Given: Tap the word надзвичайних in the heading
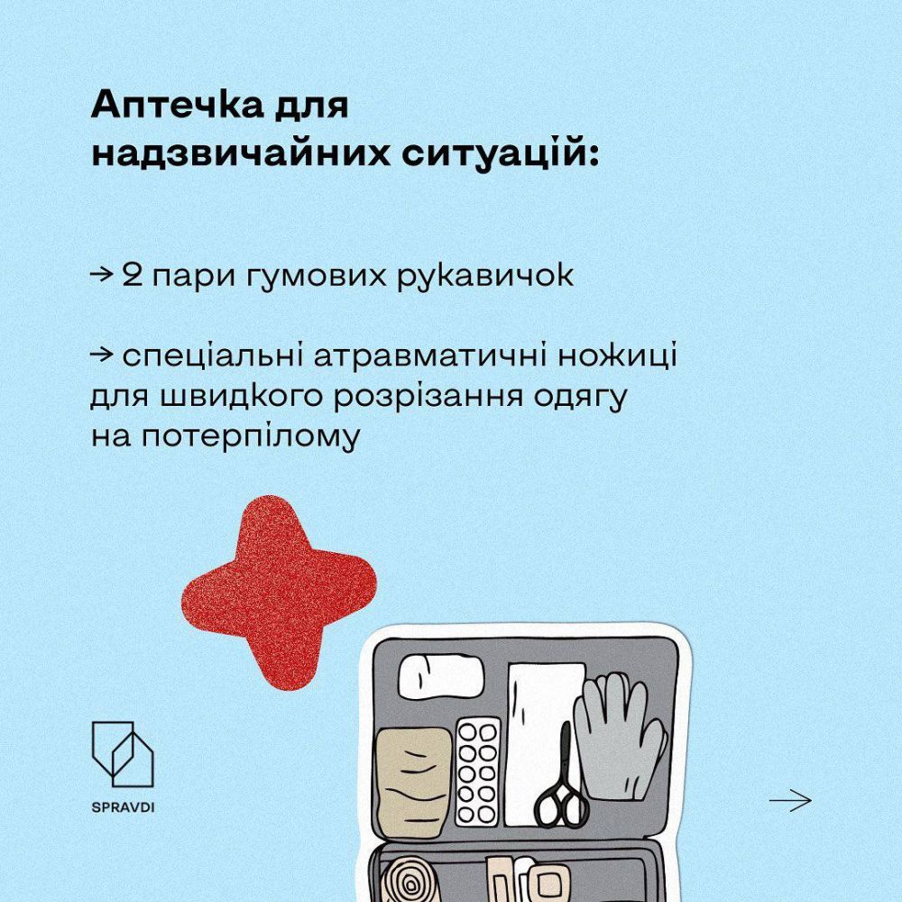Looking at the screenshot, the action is coord(240,153).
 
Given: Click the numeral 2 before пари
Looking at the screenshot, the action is coord(133,276).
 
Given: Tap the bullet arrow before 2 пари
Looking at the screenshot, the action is coord(101,276).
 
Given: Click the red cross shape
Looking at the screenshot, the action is coord(279,592).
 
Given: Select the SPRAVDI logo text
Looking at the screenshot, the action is coord(123,807).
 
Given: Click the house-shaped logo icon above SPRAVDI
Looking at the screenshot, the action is coord(123,753).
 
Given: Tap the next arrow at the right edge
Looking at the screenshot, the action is coord(790,800).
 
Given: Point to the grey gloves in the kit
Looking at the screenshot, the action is coord(621,737).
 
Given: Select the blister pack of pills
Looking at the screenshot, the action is coord(477,771).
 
